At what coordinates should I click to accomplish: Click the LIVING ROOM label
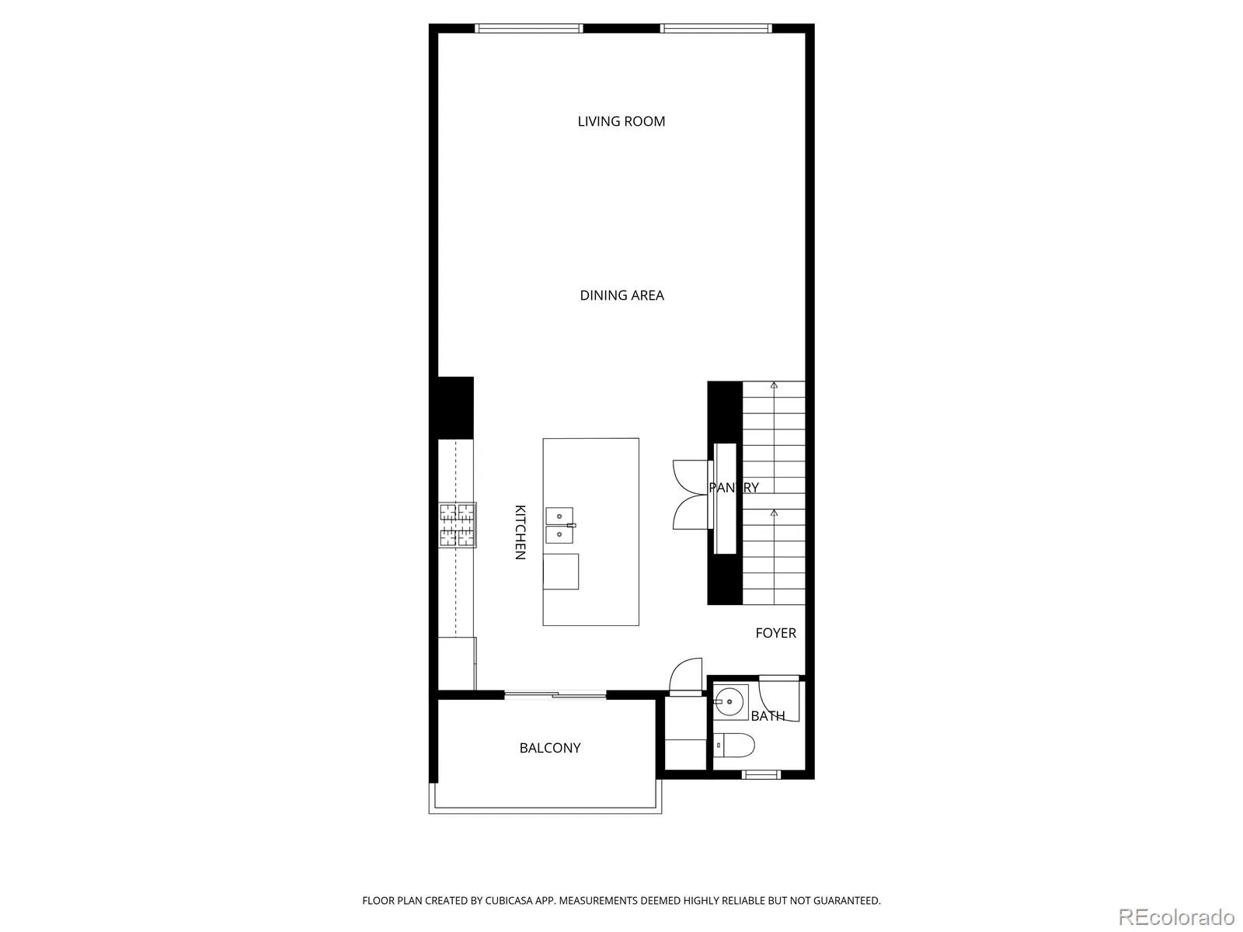click(621, 121)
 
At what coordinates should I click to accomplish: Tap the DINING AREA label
click(621, 295)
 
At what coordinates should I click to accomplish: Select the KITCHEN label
click(520, 532)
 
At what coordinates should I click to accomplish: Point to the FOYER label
click(775, 633)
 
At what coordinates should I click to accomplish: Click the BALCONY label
click(550, 747)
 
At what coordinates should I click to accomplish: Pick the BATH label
click(768, 716)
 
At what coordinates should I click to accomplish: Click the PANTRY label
click(733, 487)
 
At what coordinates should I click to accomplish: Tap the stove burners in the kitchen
click(457, 525)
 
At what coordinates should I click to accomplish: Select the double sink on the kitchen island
click(559, 525)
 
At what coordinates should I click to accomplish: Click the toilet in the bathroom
click(734, 746)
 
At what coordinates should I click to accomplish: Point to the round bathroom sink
click(730, 701)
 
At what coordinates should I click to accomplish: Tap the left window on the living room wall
click(528, 28)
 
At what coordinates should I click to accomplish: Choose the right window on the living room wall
click(716, 28)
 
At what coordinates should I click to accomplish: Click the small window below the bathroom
click(761, 774)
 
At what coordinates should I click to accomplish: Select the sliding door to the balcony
click(555, 694)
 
